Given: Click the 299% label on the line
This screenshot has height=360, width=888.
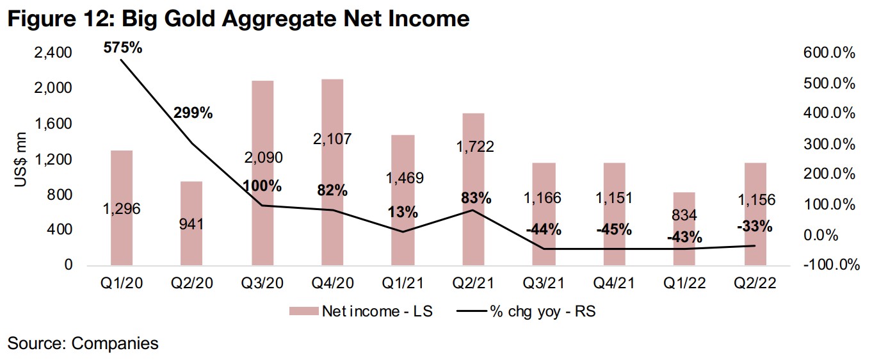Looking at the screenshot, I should (193, 113).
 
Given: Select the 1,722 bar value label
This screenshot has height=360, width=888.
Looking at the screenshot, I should (472, 147).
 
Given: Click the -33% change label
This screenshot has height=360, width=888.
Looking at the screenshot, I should (754, 226).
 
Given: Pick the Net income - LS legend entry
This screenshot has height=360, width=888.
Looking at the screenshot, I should (360, 312).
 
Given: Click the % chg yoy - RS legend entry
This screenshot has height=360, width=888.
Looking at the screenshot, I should (529, 312).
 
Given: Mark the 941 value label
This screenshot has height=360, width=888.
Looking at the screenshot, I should (191, 224).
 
